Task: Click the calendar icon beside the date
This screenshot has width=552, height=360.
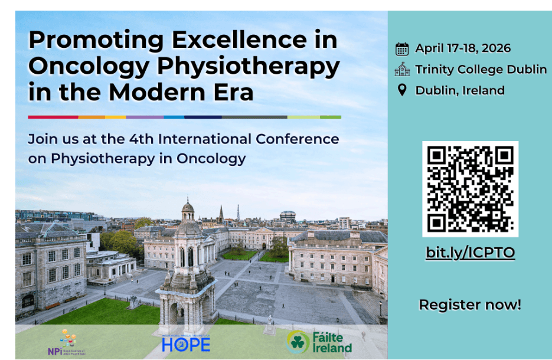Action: pos(402,48)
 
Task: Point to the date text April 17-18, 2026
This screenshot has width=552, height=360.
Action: pos(463,48)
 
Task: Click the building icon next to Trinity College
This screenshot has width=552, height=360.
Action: pos(402,69)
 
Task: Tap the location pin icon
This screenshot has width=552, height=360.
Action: pos(402,90)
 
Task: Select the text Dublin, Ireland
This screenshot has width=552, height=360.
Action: pos(460,90)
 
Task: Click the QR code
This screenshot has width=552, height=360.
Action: pos(470,189)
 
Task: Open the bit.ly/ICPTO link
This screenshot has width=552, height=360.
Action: pos(470,253)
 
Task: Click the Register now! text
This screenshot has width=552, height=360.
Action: pos(470,305)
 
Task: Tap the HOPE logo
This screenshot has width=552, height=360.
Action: pos(186,343)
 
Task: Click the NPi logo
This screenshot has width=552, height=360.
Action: pos(66,343)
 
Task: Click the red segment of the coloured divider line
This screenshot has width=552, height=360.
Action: pos(53,117)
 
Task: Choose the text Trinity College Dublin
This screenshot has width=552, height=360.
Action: pos(481,69)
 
